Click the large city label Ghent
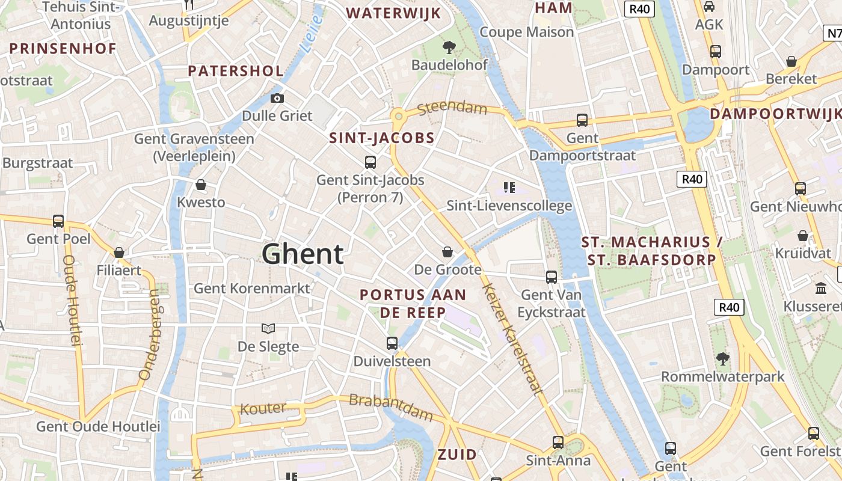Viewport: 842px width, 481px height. (303, 254)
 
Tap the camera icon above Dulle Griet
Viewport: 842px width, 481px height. (277, 98)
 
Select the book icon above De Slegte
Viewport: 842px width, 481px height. (268, 328)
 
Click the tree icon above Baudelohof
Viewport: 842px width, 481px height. (449, 47)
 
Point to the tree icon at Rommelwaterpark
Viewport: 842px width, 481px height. (723, 359)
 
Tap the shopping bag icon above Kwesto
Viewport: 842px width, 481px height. (201, 185)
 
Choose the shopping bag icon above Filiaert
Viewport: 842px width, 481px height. (119, 253)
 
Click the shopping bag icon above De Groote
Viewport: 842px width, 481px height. (447, 251)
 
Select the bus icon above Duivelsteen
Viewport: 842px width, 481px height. (392, 343)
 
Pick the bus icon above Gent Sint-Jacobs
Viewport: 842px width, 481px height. (370, 162)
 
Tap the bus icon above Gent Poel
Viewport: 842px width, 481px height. (58, 221)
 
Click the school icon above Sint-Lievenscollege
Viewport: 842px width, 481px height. (509, 188)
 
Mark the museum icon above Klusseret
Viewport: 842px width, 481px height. (821, 289)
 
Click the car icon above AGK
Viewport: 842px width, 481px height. (709, 7)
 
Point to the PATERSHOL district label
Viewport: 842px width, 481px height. (235, 71)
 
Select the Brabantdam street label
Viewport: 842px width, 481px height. (391, 407)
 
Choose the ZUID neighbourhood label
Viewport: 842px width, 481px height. (457, 455)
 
